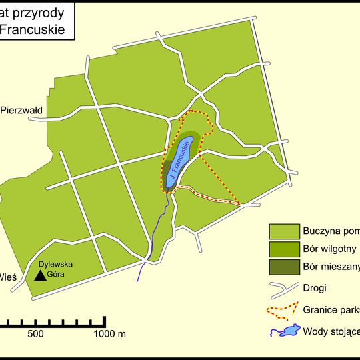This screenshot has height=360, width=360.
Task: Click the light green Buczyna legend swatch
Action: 283,231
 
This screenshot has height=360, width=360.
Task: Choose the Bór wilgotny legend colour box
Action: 283,249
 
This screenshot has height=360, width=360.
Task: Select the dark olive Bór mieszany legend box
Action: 283,267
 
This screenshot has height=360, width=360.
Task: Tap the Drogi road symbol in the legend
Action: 283,288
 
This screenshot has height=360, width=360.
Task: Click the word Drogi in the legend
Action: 314,289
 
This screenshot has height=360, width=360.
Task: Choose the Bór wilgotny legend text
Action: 330,249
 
